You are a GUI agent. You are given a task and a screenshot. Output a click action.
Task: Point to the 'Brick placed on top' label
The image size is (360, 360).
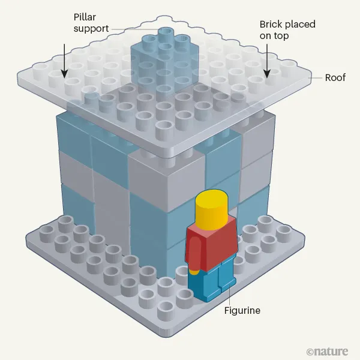287,30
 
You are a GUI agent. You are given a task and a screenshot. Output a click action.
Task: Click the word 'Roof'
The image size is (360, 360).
335,77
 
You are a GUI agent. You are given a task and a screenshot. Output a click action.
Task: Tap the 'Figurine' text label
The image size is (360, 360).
242,311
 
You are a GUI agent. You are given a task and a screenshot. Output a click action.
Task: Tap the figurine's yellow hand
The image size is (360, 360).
195,271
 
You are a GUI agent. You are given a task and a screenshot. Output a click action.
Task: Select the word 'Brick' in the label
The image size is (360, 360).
271,25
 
